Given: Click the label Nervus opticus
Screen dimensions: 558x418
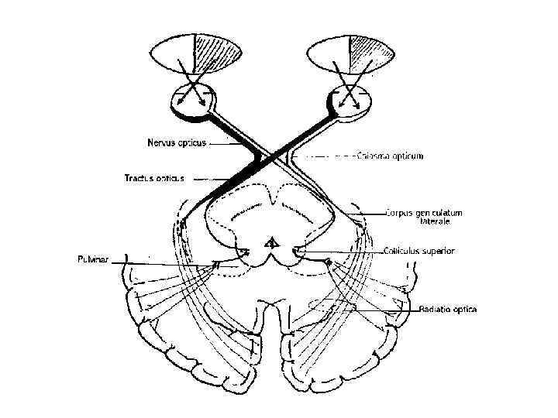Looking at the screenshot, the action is [176, 142].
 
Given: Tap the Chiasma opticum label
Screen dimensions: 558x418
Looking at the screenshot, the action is [389, 156].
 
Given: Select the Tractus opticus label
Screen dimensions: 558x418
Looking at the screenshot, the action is [154, 178].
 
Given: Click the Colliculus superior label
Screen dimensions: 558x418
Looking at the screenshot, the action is [419, 251].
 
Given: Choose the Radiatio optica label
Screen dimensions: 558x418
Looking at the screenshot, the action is [447, 309].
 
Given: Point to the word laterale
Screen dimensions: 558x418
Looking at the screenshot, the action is [435, 221].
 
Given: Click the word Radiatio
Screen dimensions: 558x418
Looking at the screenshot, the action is [435, 309].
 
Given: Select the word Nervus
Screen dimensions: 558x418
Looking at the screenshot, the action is [160, 142].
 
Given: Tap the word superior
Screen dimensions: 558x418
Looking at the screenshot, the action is [439, 251].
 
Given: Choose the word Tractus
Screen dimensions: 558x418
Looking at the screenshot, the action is [140, 178].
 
